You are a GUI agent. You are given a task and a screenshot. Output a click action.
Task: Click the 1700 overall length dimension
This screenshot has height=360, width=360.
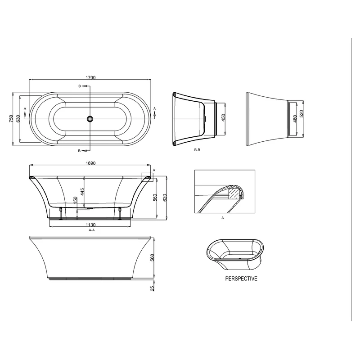point(90,77)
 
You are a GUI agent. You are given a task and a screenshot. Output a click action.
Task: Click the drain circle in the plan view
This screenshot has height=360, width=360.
point(90,119)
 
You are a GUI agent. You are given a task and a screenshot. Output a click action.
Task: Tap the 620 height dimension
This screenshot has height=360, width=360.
point(165,197)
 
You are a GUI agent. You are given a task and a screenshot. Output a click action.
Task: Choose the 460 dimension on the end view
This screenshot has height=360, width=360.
point(295,119)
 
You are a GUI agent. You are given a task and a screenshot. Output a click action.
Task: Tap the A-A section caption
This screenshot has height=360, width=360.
point(91,230)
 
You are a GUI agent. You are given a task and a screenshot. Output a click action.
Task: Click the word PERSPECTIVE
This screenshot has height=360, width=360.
point(241,279)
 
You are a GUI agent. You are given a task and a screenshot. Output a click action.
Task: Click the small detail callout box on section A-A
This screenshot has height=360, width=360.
point(147,176)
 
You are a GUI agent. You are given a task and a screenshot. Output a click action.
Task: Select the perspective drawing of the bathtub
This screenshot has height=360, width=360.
point(233,252)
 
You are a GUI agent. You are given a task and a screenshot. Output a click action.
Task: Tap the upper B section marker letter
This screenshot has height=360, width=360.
point(80,86)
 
